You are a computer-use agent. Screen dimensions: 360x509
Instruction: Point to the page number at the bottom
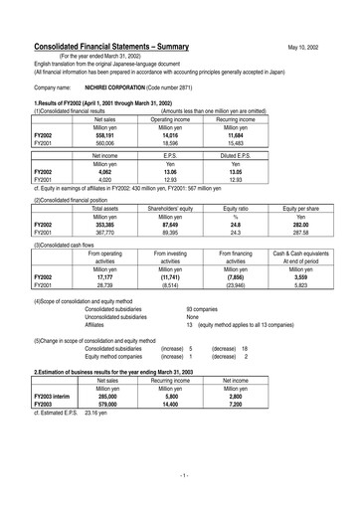(180, 477)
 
